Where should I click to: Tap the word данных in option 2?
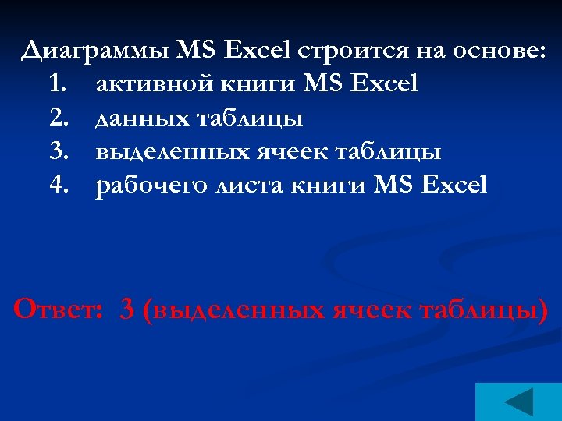138,119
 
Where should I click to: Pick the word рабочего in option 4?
150,186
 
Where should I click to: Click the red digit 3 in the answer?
127,310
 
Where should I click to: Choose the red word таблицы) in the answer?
484,310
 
